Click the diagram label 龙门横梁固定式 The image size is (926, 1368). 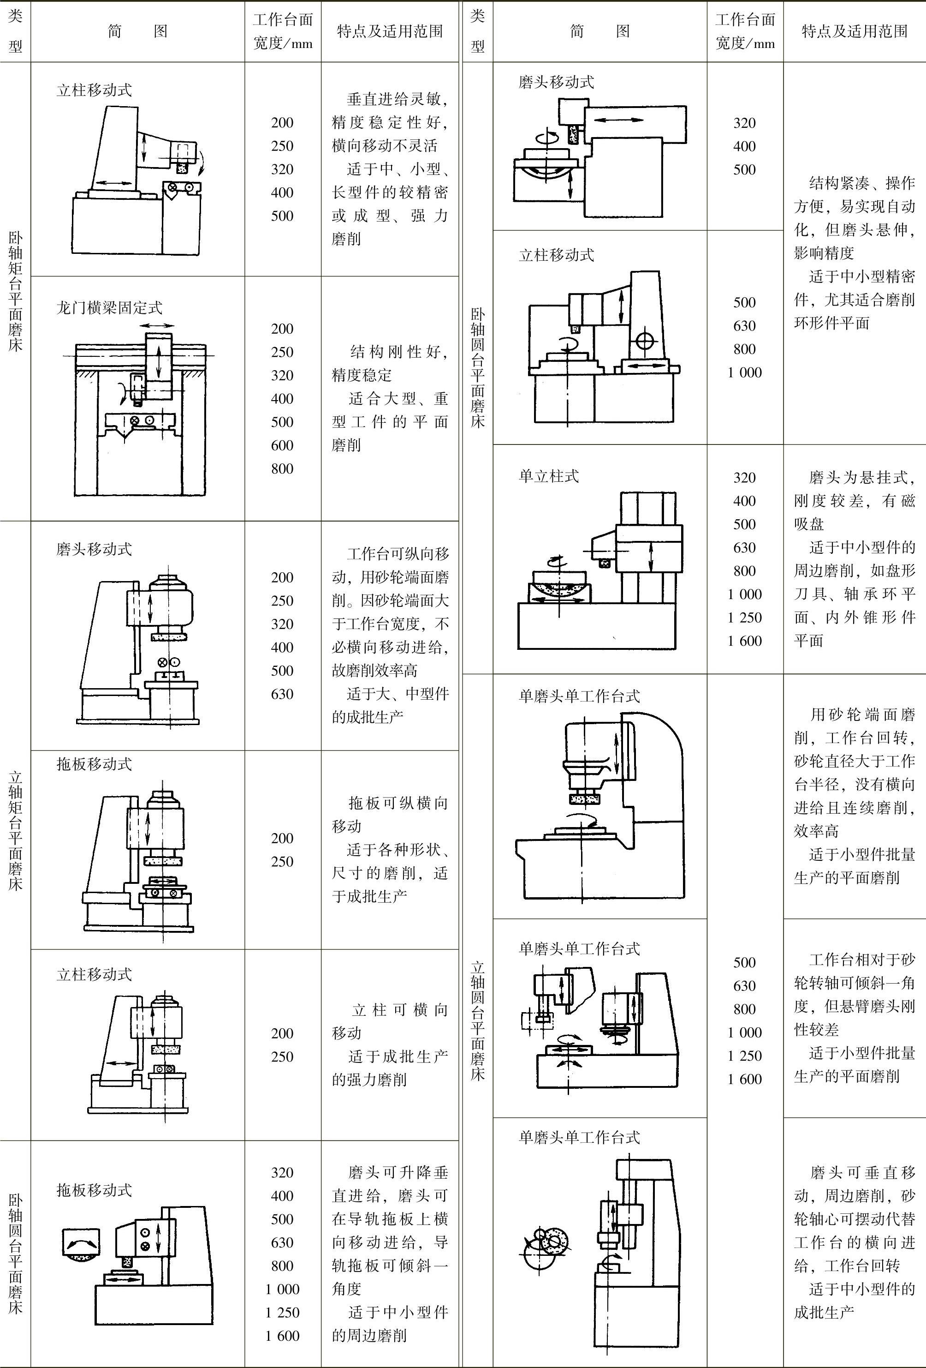click(x=109, y=307)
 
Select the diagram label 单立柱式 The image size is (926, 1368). click(x=548, y=476)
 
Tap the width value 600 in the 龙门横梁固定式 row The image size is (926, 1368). click(x=282, y=445)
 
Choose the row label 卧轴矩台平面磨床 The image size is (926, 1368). click(x=15, y=291)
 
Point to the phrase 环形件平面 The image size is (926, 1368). click(x=832, y=323)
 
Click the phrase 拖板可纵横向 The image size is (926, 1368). click(x=398, y=803)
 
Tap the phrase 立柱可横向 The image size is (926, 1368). click(x=400, y=1010)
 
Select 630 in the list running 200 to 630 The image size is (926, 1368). click(x=282, y=694)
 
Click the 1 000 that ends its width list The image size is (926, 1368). click(x=745, y=372)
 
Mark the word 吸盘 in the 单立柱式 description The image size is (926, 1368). click(x=809, y=524)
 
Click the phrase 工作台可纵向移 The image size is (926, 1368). click(x=398, y=554)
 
